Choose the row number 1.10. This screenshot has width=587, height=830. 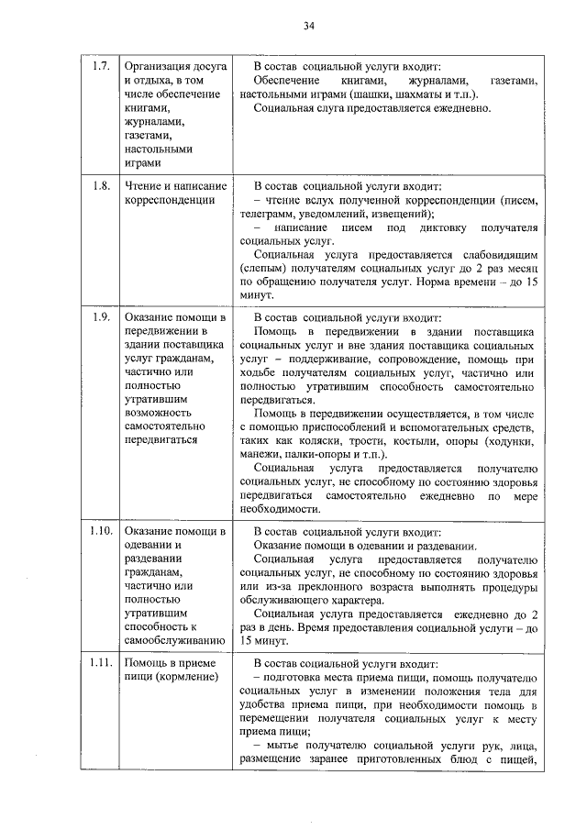coord(101,531)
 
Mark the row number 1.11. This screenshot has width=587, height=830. coord(101,664)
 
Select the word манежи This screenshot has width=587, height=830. coord(260,455)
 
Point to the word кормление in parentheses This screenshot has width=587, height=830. coord(187,678)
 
